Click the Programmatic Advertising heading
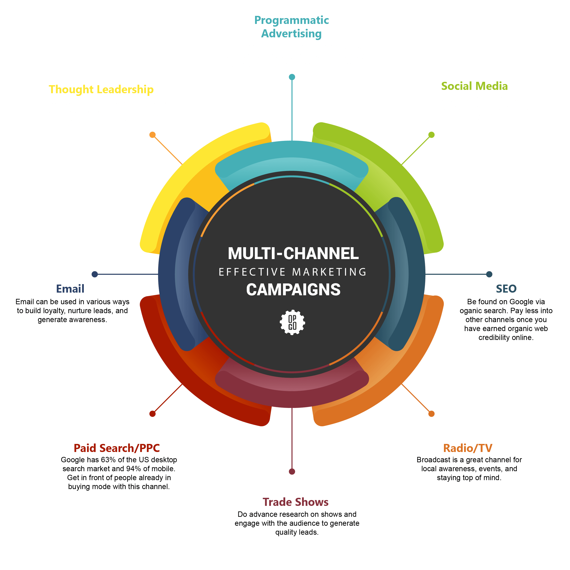[291, 27]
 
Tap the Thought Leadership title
[101, 89]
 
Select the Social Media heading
[474, 86]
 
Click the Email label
[70, 289]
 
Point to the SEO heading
[506, 289]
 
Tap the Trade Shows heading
[295, 502]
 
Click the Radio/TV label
[468, 448]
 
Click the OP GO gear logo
[292, 322]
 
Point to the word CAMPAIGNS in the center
[293, 289]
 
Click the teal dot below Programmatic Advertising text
[292, 77]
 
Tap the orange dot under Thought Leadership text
[152, 135]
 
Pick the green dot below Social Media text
[431, 135]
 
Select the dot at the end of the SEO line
[489, 274]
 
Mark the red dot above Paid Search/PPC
[152, 414]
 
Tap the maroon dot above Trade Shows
[292, 471]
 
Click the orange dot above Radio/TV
[431, 414]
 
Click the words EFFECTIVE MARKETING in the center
[292, 272]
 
